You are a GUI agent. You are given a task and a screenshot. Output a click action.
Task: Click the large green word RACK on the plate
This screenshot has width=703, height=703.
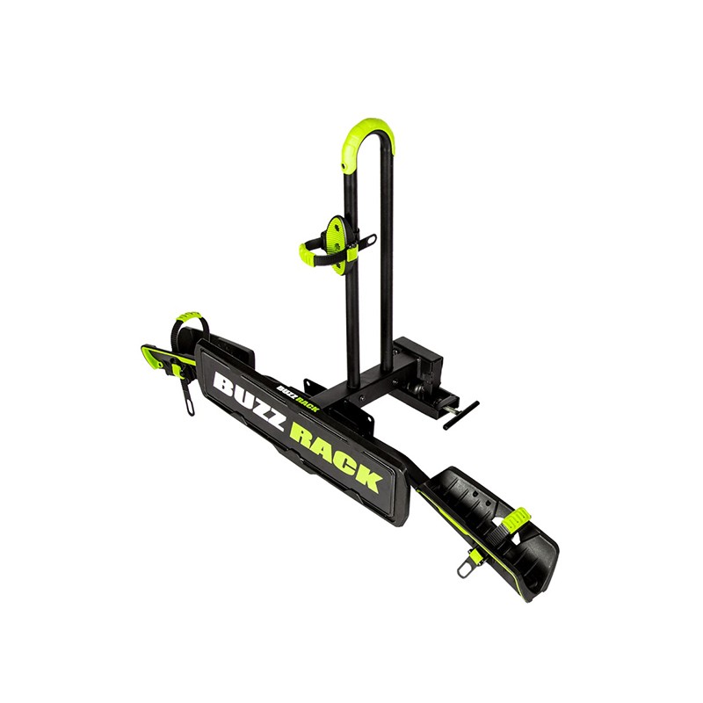click(x=335, y=456)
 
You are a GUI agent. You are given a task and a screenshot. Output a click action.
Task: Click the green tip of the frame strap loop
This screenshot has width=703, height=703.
click(x=308, y=251)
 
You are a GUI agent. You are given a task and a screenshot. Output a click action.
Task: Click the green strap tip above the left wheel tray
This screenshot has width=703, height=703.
click(x=188, y=316)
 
